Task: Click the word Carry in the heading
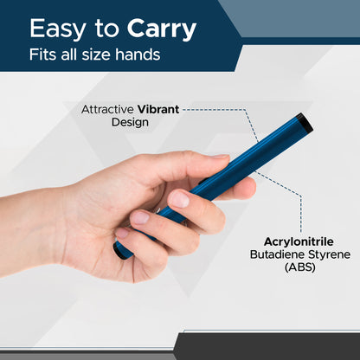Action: tap(162, 30)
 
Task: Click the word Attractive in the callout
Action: tap(107, 110)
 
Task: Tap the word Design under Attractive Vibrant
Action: tap(130, 122)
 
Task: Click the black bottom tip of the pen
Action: tap(121, 254)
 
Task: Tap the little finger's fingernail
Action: tap(123, 232)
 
